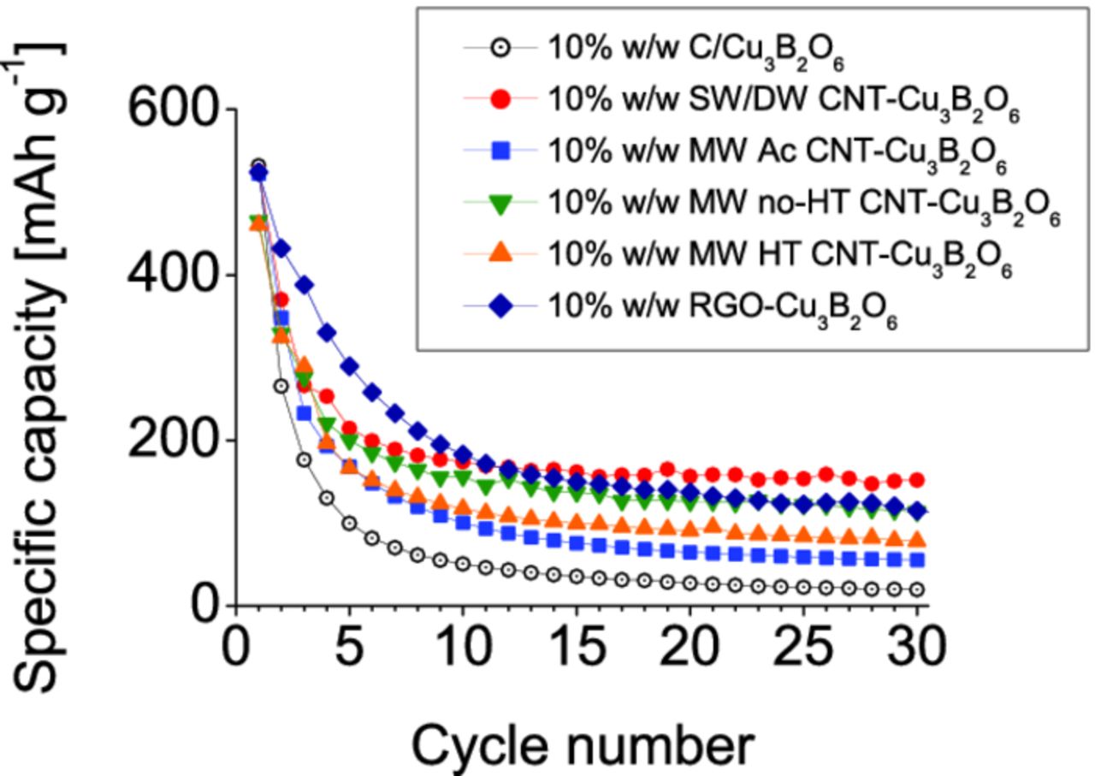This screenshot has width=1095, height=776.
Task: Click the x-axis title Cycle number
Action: coord(583,744)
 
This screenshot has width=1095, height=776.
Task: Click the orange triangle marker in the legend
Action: coord(502,253)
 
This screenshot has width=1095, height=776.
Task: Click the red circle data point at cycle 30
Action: coord(916,480)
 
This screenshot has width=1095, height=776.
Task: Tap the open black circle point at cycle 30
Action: coord(916,589)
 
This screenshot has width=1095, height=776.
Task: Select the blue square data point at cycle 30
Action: coord(916,560)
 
